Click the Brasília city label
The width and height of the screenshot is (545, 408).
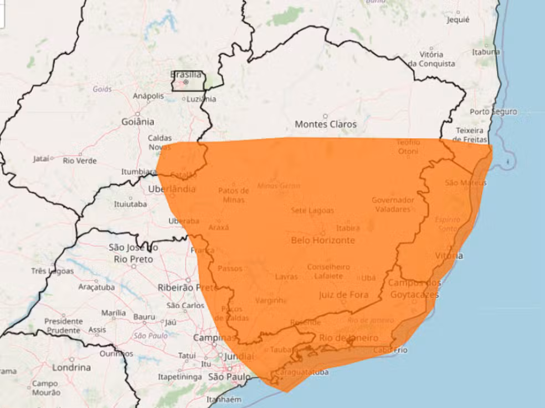(x=186, y=74)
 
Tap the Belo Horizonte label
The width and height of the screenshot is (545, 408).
(x=323, y=240)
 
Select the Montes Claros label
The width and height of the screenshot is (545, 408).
(x=326, y=124)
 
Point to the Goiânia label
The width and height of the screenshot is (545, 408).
(x=138, y=122)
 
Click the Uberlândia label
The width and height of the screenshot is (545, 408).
(x=172, y=189)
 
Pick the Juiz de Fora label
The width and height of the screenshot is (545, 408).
(x=343, y=295)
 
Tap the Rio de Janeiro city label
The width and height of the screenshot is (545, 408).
(x=349, y=338)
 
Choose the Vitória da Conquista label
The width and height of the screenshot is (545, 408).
(x=431, y=59)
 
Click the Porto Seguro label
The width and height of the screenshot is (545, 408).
(x=493, y=112)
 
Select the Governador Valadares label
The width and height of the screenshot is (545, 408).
(x=393, y=205)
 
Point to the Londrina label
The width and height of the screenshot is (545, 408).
(x=71, y=367)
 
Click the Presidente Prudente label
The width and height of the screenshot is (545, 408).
(x=64, y=326)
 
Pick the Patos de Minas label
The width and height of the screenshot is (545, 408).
(x=233, y=195)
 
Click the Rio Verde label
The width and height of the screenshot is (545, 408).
(x=80, y=161)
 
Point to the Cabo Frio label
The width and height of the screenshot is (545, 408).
(x=391, y=349)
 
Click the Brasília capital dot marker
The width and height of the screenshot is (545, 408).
(x=186, y=82)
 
